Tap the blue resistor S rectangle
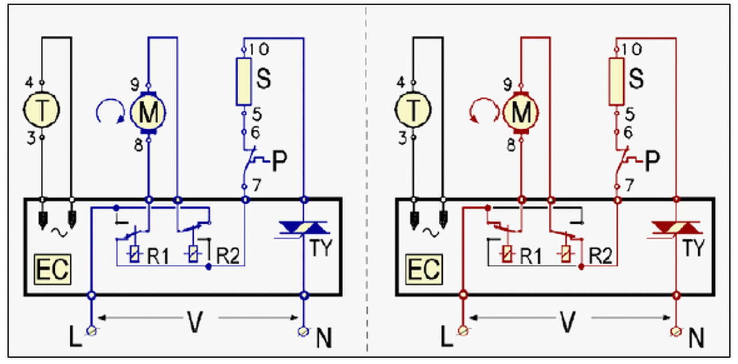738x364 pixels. coord(244,82)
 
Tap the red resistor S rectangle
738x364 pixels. coord(616,82)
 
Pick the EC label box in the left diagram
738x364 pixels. coord(52,269)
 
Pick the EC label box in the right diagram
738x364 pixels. coord(424,269)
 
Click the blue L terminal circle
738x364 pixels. coord(92,331)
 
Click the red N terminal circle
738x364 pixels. coord(676,331)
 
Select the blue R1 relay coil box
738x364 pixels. coord(134,254)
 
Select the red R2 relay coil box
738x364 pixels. coord(566,254)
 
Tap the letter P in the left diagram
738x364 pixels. coord(280,161)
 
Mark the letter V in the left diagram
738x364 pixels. coord(195,321)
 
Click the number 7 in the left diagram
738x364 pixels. coord(257,185)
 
